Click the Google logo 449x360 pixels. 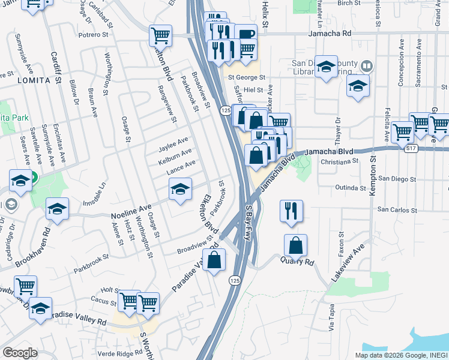[x=20, y=353]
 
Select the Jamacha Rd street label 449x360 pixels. [x=328, y=34]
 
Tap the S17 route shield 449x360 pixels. [x=411, y=148]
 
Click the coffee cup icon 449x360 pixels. [x=246, y=35]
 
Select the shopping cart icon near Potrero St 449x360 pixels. [x=161, y=35]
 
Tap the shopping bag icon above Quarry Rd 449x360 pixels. [x=296, y=245]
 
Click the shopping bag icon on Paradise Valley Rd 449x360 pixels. [x=214, y=260]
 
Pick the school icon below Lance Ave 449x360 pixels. [x=180, y=189]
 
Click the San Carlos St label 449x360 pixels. [x=397, y=211]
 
